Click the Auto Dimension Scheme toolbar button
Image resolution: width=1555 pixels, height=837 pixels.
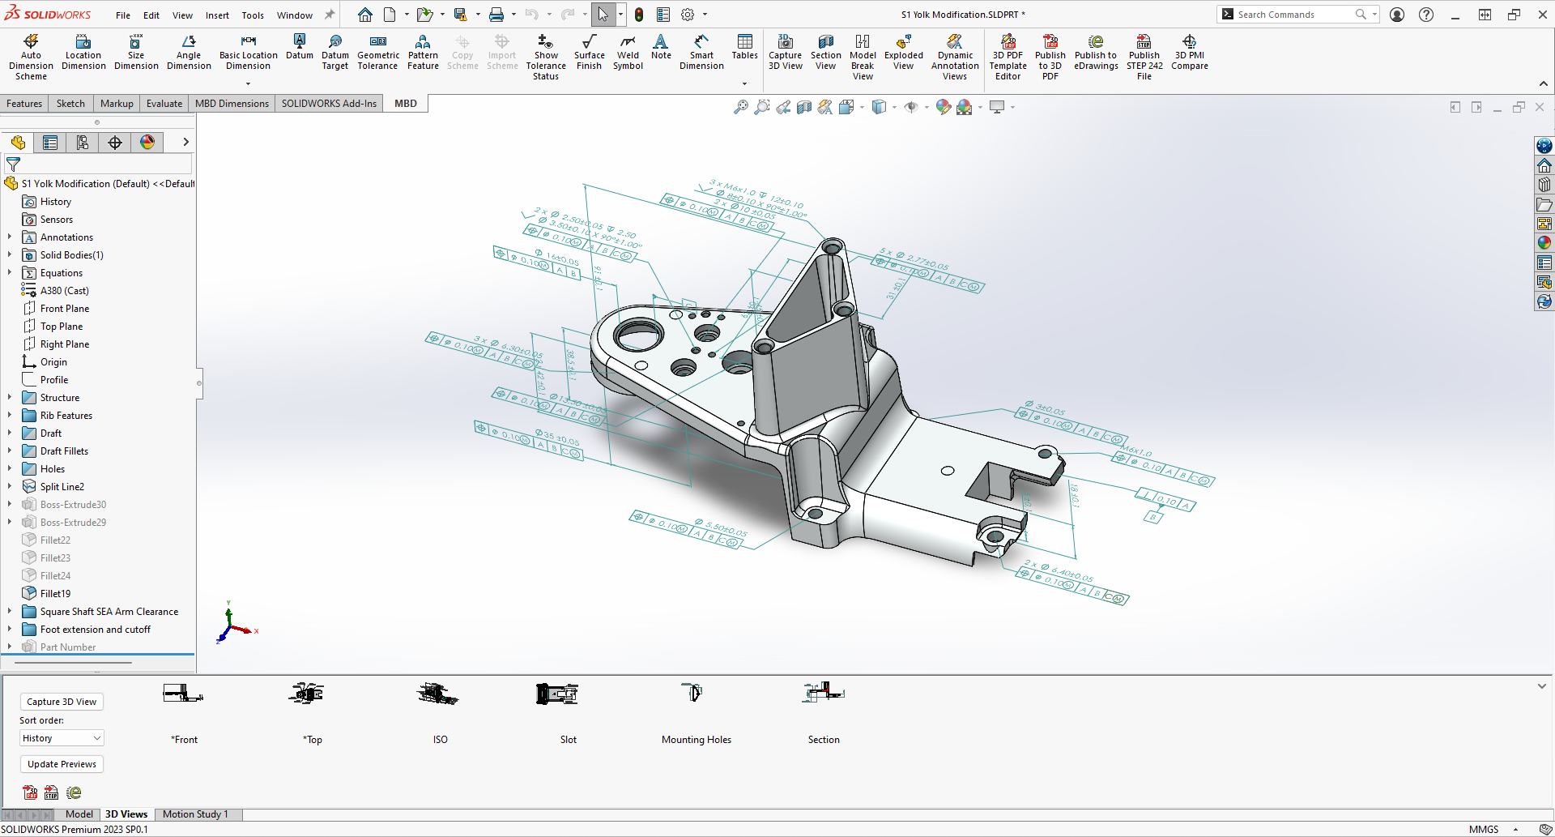31,56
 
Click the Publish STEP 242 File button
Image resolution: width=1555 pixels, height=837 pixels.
1144,56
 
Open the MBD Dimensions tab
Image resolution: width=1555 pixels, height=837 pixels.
232,104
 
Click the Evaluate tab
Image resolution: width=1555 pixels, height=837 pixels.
164,104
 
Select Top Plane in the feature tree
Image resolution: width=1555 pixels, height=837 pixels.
62,327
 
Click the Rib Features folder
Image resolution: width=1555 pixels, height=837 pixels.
66,416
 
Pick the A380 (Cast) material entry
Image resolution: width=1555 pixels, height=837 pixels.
64,291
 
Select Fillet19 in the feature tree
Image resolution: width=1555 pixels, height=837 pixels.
55,594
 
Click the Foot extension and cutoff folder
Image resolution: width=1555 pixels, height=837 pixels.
95,630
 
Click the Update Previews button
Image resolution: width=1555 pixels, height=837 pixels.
62,764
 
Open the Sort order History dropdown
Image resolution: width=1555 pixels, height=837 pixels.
62,738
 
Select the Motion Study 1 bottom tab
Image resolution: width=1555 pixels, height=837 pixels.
195,814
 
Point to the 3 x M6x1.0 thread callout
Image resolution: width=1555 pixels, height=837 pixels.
732,189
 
